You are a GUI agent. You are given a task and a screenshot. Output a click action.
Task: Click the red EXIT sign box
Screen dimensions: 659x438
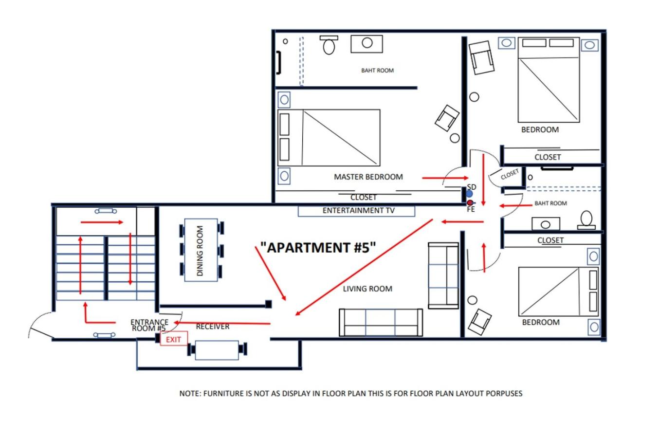point(174,339)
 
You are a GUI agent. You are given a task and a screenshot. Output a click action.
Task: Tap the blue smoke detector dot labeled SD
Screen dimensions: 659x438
point(469,194)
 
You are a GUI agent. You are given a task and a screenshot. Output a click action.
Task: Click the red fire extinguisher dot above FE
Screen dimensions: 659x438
point(470,202)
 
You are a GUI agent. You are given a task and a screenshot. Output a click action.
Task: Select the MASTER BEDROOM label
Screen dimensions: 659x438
point(368,177)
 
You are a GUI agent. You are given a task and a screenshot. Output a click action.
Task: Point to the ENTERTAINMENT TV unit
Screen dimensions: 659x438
point(356,211)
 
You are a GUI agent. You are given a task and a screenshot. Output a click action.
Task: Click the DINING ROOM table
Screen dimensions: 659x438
point(201,250)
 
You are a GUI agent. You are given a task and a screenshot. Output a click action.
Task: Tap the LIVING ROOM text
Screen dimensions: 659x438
point(367,289)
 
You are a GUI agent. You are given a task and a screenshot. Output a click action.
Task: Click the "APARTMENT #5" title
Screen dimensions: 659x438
point(318,247)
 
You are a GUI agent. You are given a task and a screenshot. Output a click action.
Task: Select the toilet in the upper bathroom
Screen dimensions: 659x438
point(329,45)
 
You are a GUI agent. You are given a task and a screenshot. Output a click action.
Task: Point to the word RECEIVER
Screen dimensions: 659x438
point(212,326)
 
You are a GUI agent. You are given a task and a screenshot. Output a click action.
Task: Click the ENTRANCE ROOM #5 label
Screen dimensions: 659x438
point(149,325)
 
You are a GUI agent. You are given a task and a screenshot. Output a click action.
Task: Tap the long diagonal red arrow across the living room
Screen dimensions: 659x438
point(364,267)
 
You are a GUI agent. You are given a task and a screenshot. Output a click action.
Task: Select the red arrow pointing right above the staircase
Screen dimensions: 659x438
point(102,222)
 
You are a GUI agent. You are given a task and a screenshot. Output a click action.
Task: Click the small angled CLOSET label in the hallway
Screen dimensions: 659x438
point(510,174)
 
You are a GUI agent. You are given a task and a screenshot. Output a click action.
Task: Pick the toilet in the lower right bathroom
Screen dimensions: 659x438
point(586,220)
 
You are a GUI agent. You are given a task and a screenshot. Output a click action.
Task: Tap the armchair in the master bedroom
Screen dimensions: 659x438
point(447,118)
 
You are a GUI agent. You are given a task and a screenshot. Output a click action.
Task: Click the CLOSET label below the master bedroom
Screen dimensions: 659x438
point(364,197)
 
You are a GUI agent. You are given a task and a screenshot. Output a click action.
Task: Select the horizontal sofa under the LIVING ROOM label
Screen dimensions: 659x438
point(381,322)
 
